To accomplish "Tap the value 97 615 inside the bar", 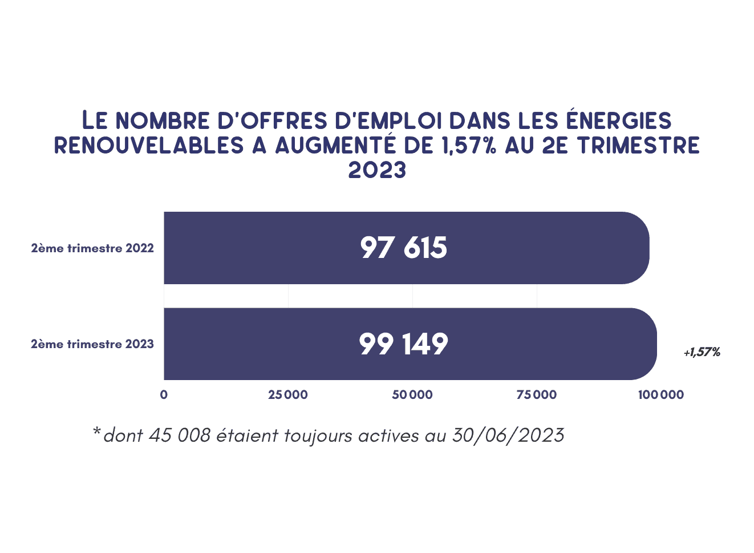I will click(x=404, y=248).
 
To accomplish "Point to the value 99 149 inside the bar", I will click(x=404, y=344).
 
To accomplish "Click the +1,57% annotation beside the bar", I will click(x=702, y=352).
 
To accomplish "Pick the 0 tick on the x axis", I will click(x=164, y=395).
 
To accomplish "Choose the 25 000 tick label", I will click(x=288, y=395).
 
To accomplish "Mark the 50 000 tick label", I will click(x=412, y=395).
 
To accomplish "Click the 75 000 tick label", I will click(x=537, y=395).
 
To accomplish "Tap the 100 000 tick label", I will click(x=661, y=395).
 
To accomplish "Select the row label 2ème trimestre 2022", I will click(x=92, y=248).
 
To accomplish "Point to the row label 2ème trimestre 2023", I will click(x=92, y=344).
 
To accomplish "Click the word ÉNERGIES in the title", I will click(x=618, y=120).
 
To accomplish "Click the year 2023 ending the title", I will click(x=377, y=170).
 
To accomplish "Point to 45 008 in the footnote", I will click(x=180, y=435).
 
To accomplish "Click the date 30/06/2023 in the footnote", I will click(x=508, y=435).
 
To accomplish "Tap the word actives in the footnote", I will click(x=389, y=435).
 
